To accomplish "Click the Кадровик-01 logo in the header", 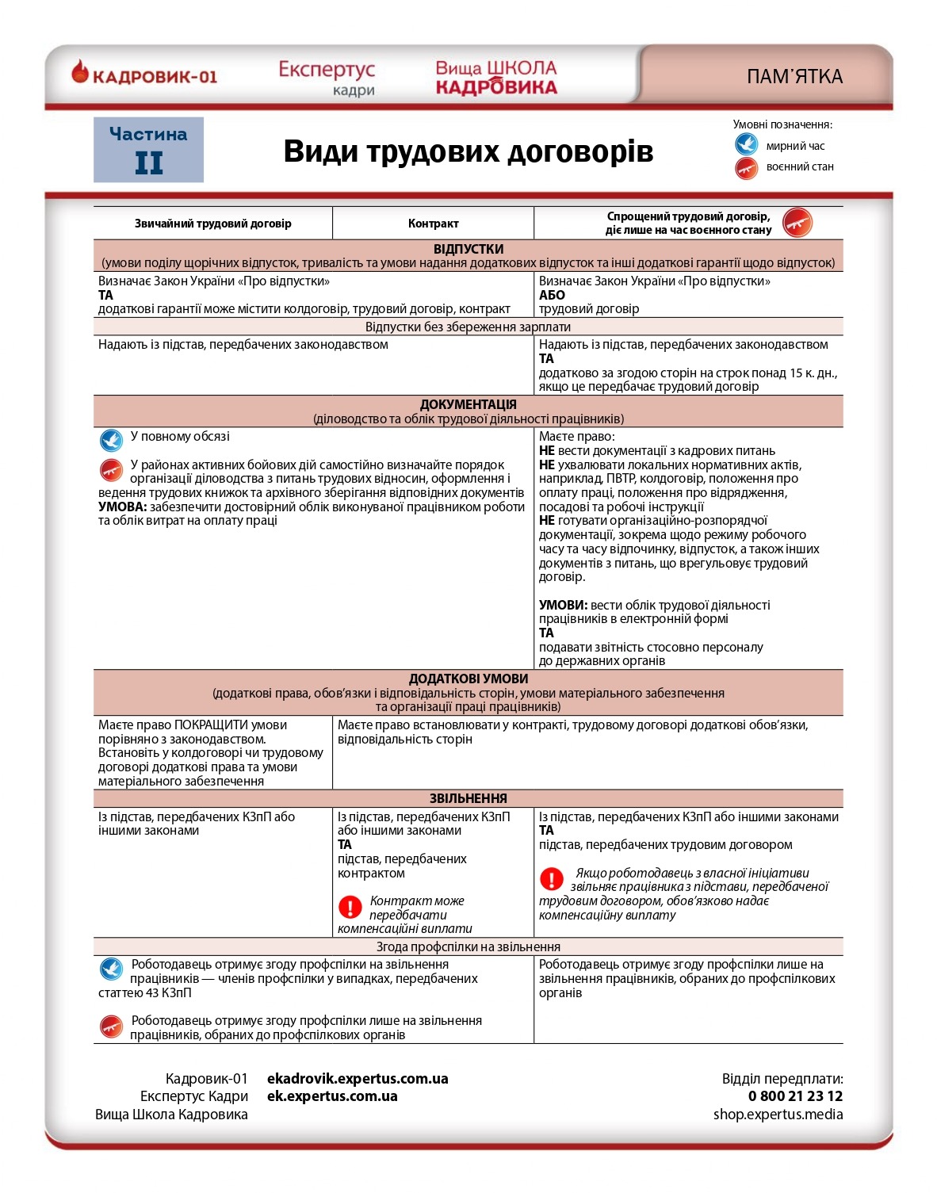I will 144,75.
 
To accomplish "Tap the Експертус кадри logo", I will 327,78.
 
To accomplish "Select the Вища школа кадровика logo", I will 496,78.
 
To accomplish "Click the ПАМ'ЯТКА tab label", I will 794,77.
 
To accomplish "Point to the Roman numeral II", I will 148,163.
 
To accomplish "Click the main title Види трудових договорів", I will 468,151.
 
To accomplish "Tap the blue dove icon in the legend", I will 746,145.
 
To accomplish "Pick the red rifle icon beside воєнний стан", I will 746,167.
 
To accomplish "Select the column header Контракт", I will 433,224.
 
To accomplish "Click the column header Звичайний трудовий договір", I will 212,224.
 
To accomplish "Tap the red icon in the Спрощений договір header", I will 797,223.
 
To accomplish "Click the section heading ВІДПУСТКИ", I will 468,249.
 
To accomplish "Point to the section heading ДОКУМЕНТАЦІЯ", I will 468,404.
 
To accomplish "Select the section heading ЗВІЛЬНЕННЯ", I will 468,798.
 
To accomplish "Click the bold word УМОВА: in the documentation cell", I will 122,507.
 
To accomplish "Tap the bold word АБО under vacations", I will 552,295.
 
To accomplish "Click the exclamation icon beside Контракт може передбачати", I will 350,906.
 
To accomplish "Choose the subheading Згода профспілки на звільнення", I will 468,946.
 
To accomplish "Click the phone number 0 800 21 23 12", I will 795,1096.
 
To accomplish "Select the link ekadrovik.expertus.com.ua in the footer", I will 358,1079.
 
